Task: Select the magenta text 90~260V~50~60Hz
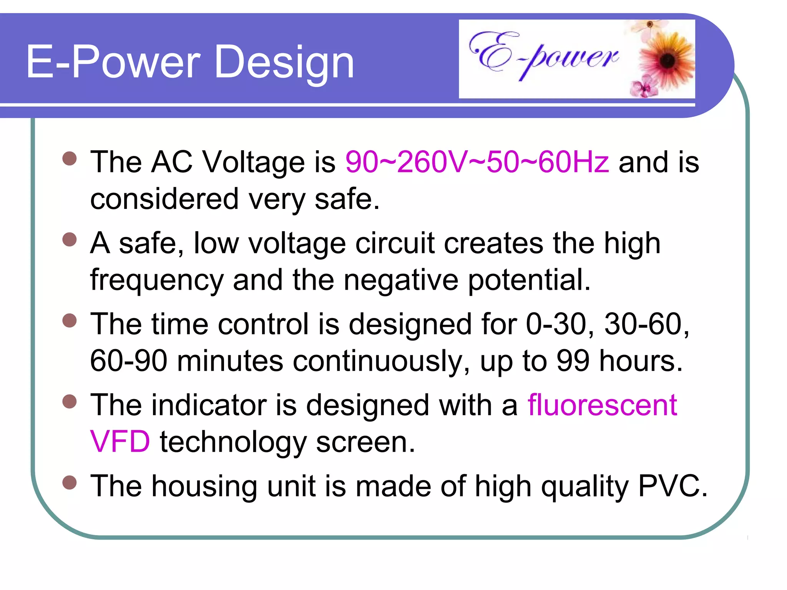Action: click(477, 162)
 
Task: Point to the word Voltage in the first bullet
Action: click(253, 162)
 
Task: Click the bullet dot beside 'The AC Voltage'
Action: click(70, 158)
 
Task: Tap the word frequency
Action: click(157, 280)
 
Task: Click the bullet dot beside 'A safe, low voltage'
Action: click(70, 240)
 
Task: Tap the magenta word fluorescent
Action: click(602, 405)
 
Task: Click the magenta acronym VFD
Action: click(120, 442)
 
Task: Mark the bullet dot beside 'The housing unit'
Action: click(70, 483)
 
